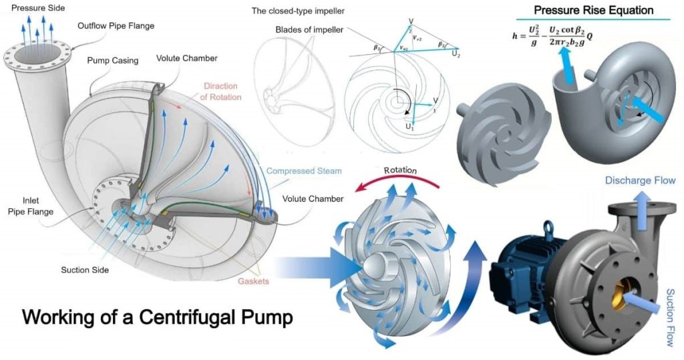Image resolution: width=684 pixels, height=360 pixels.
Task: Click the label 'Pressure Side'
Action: (33, 7)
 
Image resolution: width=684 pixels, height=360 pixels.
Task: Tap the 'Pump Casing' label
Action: (112, 60)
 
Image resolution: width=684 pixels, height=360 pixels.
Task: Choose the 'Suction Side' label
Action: (85, 270)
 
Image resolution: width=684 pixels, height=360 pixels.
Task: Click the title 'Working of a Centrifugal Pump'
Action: (158, 317)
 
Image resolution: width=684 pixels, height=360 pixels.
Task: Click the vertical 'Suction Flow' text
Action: (670, 318)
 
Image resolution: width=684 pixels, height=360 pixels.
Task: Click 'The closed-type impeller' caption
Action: (299, 11)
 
